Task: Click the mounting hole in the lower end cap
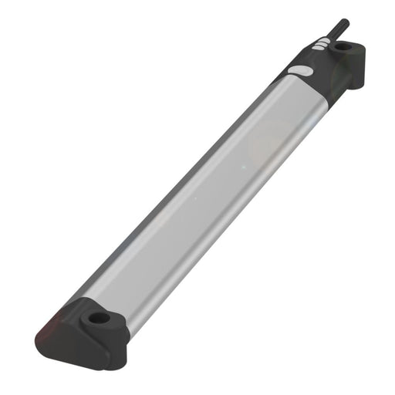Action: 98,317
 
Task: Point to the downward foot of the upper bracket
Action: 357,77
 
